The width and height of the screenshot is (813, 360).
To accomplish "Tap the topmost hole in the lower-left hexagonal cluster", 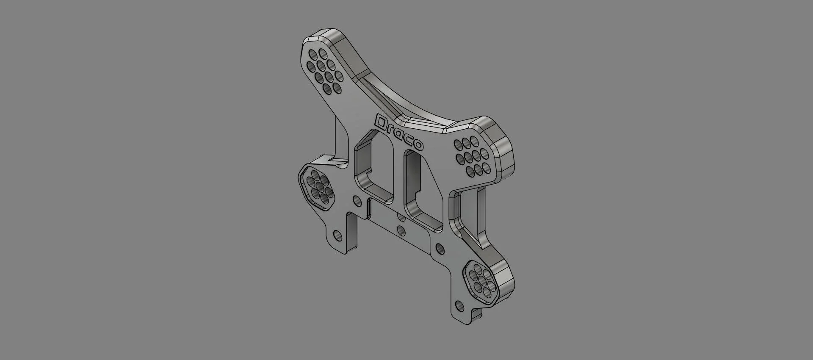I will click(x=316, y=174).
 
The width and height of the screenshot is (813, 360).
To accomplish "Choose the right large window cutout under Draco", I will click(x=423, y=191).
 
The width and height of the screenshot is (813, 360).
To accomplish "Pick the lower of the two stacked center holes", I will click(x=401, y=230).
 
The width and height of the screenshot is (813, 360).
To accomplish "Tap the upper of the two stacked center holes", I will click(x=400, y=217).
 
